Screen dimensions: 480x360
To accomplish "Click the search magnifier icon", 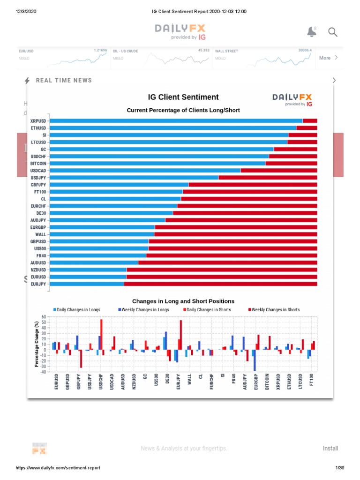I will point(332,32).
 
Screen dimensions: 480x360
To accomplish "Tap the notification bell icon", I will point(311,32).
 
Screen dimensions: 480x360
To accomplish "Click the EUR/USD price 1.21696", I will point(100,50).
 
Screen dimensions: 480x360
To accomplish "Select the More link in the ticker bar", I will point(325,58).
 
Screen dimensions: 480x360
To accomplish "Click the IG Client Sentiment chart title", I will point(183,97).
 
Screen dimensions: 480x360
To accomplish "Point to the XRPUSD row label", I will point(38,120).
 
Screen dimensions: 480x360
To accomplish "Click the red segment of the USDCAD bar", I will point(278,171).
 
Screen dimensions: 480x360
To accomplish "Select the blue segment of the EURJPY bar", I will point(87,284).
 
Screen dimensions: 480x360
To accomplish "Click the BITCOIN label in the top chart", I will point(38,163).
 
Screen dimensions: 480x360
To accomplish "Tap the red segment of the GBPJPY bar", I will point(253,185).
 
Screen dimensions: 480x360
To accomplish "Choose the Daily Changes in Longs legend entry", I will point(77,310).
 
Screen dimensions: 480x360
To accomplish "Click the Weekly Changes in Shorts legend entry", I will point(274,310).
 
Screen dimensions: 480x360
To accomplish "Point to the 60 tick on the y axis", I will point(44,317).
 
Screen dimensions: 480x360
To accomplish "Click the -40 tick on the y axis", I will point(43,372).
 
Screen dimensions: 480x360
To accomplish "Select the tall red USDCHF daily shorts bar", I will point(101,335).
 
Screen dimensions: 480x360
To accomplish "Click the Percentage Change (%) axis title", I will point(37,344).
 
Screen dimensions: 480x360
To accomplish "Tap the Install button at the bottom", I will point(330,449).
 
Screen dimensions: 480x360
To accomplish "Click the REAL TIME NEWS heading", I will point(64,80).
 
